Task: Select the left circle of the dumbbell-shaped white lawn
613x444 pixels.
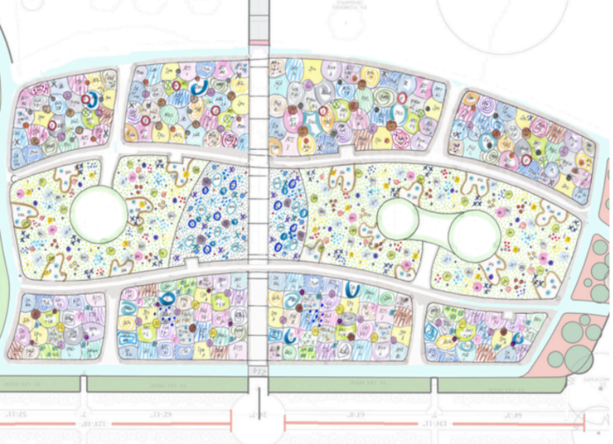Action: click(x=399, y=219)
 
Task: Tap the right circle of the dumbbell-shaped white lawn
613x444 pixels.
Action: click(x=474, y=235)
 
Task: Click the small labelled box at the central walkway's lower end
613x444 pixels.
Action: click(x=258, y=372)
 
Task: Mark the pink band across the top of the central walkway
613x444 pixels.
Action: click(x=259, y=42)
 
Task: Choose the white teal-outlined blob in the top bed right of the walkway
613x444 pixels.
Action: click(x=311, y=123)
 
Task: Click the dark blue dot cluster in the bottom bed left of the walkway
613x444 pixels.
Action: click(x=166, y=299)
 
